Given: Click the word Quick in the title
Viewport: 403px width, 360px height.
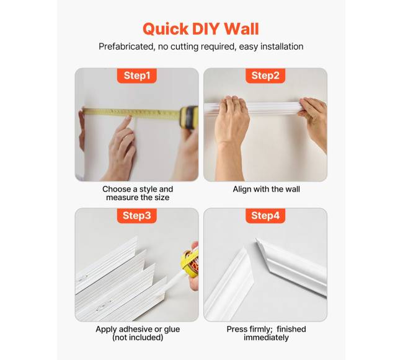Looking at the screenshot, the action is (x=166, y=29).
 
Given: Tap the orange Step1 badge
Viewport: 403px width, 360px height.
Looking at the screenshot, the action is (x=137, y=76).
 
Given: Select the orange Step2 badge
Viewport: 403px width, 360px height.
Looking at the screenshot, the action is (x=265, y=76).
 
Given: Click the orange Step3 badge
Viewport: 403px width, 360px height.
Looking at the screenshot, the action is (x=137, y=216).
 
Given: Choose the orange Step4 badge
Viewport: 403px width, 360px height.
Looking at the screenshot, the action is (x=265, y=216).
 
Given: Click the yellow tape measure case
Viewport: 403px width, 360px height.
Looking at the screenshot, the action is (x=189, y=117).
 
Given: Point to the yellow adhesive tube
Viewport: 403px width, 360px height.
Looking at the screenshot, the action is (x=192, y=263).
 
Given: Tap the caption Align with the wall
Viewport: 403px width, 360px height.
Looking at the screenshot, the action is (x=266, y=189).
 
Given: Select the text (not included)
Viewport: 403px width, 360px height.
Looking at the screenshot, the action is (x=138, y=338).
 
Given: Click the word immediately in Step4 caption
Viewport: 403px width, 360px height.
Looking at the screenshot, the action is (x=266, y=338).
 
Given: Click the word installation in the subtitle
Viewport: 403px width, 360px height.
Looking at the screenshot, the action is (x=281, y=46).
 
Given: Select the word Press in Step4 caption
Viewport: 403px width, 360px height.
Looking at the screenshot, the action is (x=237, y=329).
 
